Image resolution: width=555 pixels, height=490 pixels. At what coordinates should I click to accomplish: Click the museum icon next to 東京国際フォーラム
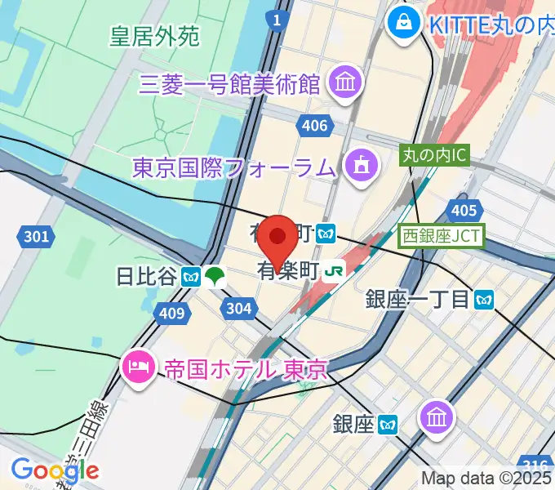pyautogui.click(x=359, y=166)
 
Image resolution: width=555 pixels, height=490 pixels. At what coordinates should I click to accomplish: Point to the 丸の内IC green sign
pyautogui.click(x=434, y=154)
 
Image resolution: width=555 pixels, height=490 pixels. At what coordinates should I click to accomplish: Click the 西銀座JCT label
pyautogui.click(x=442, y=237)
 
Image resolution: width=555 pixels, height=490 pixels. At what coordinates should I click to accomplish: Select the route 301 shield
pyautogui.click(x=35, y=237)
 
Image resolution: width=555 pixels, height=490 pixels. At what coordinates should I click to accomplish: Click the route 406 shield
pyautogui.click(x=314, y=125)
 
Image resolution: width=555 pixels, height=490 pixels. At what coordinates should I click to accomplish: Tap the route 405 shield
pyautogui.click(x=463, y=211)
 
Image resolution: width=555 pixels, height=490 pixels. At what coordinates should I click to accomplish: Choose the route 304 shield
pyautogui.click(x=239, y=308)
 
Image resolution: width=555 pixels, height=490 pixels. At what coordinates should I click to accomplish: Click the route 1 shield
pyautogui.click(x=278, y=20)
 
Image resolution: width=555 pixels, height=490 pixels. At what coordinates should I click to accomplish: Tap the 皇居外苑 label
pyautogui.click(x=154, y=37)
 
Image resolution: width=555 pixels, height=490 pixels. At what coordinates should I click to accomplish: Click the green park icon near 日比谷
pyautogui.click(x=215, y=276)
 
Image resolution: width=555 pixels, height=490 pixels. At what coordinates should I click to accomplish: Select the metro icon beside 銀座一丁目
pyautogui.click(x=485, y=299)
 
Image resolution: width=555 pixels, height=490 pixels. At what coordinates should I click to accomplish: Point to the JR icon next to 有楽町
pyautogui.click(x=333, y=270)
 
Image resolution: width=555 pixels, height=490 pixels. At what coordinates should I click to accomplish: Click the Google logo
pyautogui.click(x=55, y=470)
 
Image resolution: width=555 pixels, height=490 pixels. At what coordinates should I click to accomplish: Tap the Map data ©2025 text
pyautogui.click(x=487, y=479)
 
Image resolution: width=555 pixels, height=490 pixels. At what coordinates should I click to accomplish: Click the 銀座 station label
pyautogui.click(x=353, y=424)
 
